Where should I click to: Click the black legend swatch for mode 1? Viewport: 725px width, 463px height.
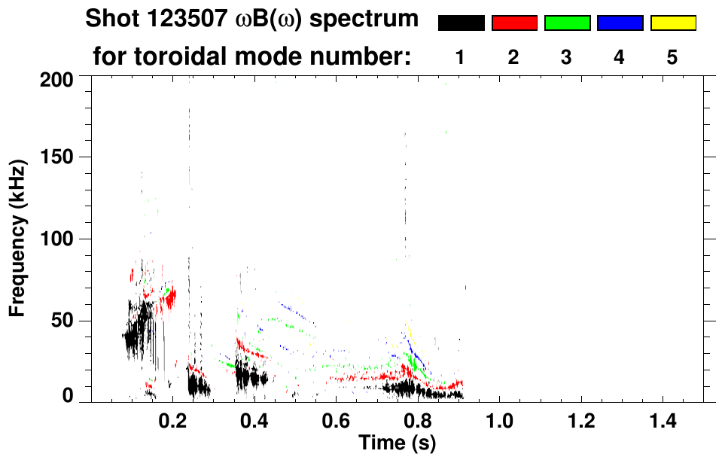(461, 23)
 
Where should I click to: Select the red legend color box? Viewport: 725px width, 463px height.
(514, 23)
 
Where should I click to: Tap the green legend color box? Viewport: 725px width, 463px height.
(567, 23)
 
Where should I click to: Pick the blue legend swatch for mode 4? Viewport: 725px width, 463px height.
(620, 23)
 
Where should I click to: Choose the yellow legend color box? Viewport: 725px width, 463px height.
(672, 23)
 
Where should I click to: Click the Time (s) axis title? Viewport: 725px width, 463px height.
(396, 444)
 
